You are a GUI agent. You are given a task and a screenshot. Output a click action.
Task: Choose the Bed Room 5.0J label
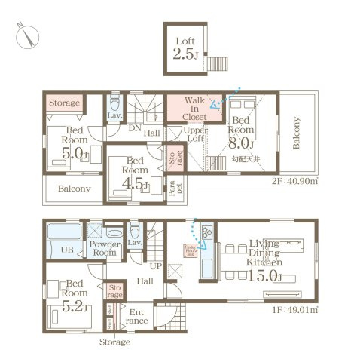[74, 143]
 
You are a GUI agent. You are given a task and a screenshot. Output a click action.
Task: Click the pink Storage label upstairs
[65, 102]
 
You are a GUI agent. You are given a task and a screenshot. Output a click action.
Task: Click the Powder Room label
[105, 250]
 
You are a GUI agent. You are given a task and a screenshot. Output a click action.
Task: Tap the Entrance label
[138, 316]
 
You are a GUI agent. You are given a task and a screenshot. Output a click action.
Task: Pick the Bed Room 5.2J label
[74, 296]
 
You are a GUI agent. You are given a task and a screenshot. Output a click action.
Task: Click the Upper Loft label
[196, 134]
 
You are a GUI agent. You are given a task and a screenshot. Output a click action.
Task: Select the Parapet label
[172, 188]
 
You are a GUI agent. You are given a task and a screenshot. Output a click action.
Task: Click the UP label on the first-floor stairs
[156, 267]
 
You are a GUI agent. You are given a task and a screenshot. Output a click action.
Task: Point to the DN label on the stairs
[133, 129]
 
